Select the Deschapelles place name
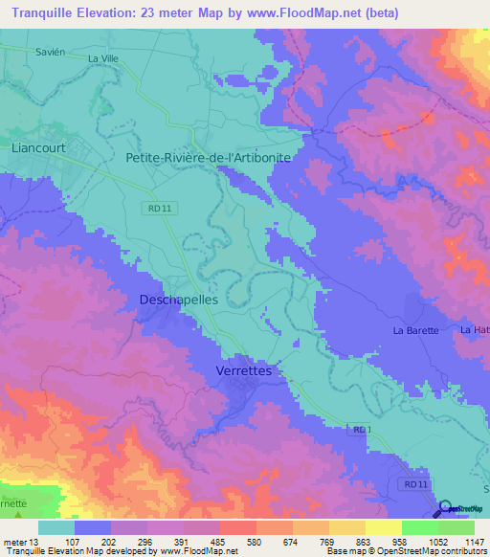point(180,300)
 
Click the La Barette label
point(415,330)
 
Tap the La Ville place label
point(106,58)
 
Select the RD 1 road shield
point(357,430)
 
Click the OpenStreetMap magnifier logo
point(449,508)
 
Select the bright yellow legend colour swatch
point(383,527)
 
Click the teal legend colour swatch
point(56,527)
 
